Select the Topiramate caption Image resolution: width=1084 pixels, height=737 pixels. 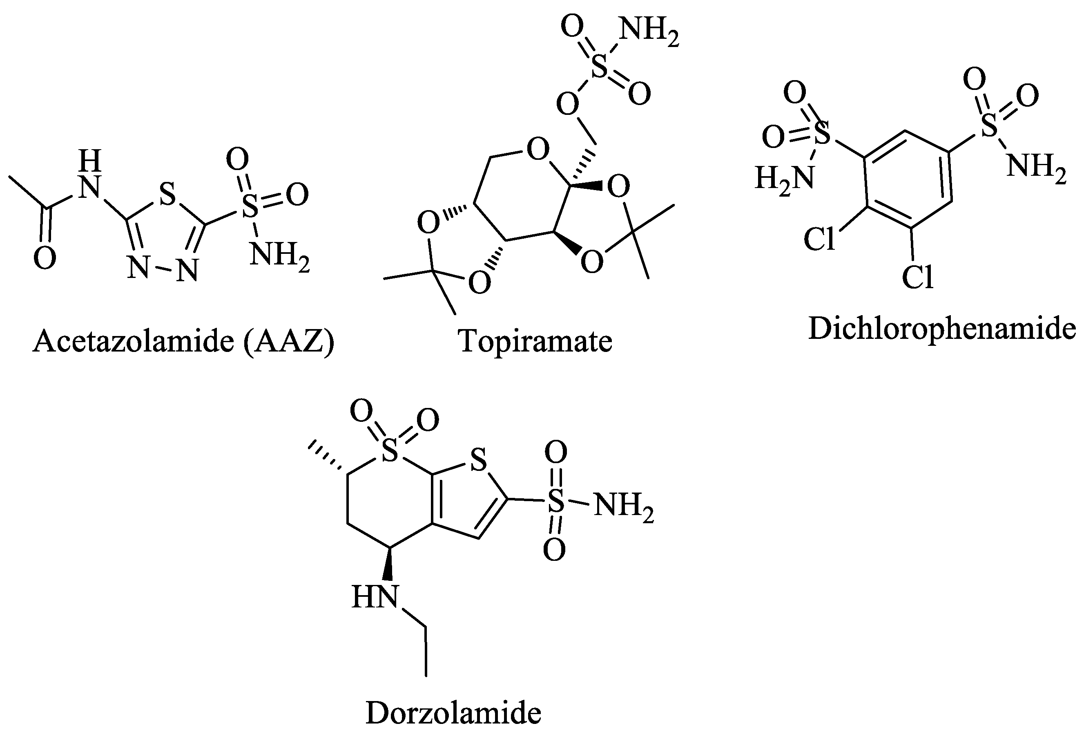[x=535, y=341]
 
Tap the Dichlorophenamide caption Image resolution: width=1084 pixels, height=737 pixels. [x=942, y=329]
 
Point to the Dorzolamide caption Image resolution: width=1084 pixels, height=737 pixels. [x=453, y=713]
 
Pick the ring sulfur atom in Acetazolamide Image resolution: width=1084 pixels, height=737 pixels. [x=167, y=194]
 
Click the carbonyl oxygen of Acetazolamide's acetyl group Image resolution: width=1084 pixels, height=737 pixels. [x=45, y=258]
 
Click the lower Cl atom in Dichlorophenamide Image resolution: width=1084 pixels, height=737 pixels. [x=917, y=277]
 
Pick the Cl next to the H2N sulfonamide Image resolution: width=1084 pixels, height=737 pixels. [x=819, y=240]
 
